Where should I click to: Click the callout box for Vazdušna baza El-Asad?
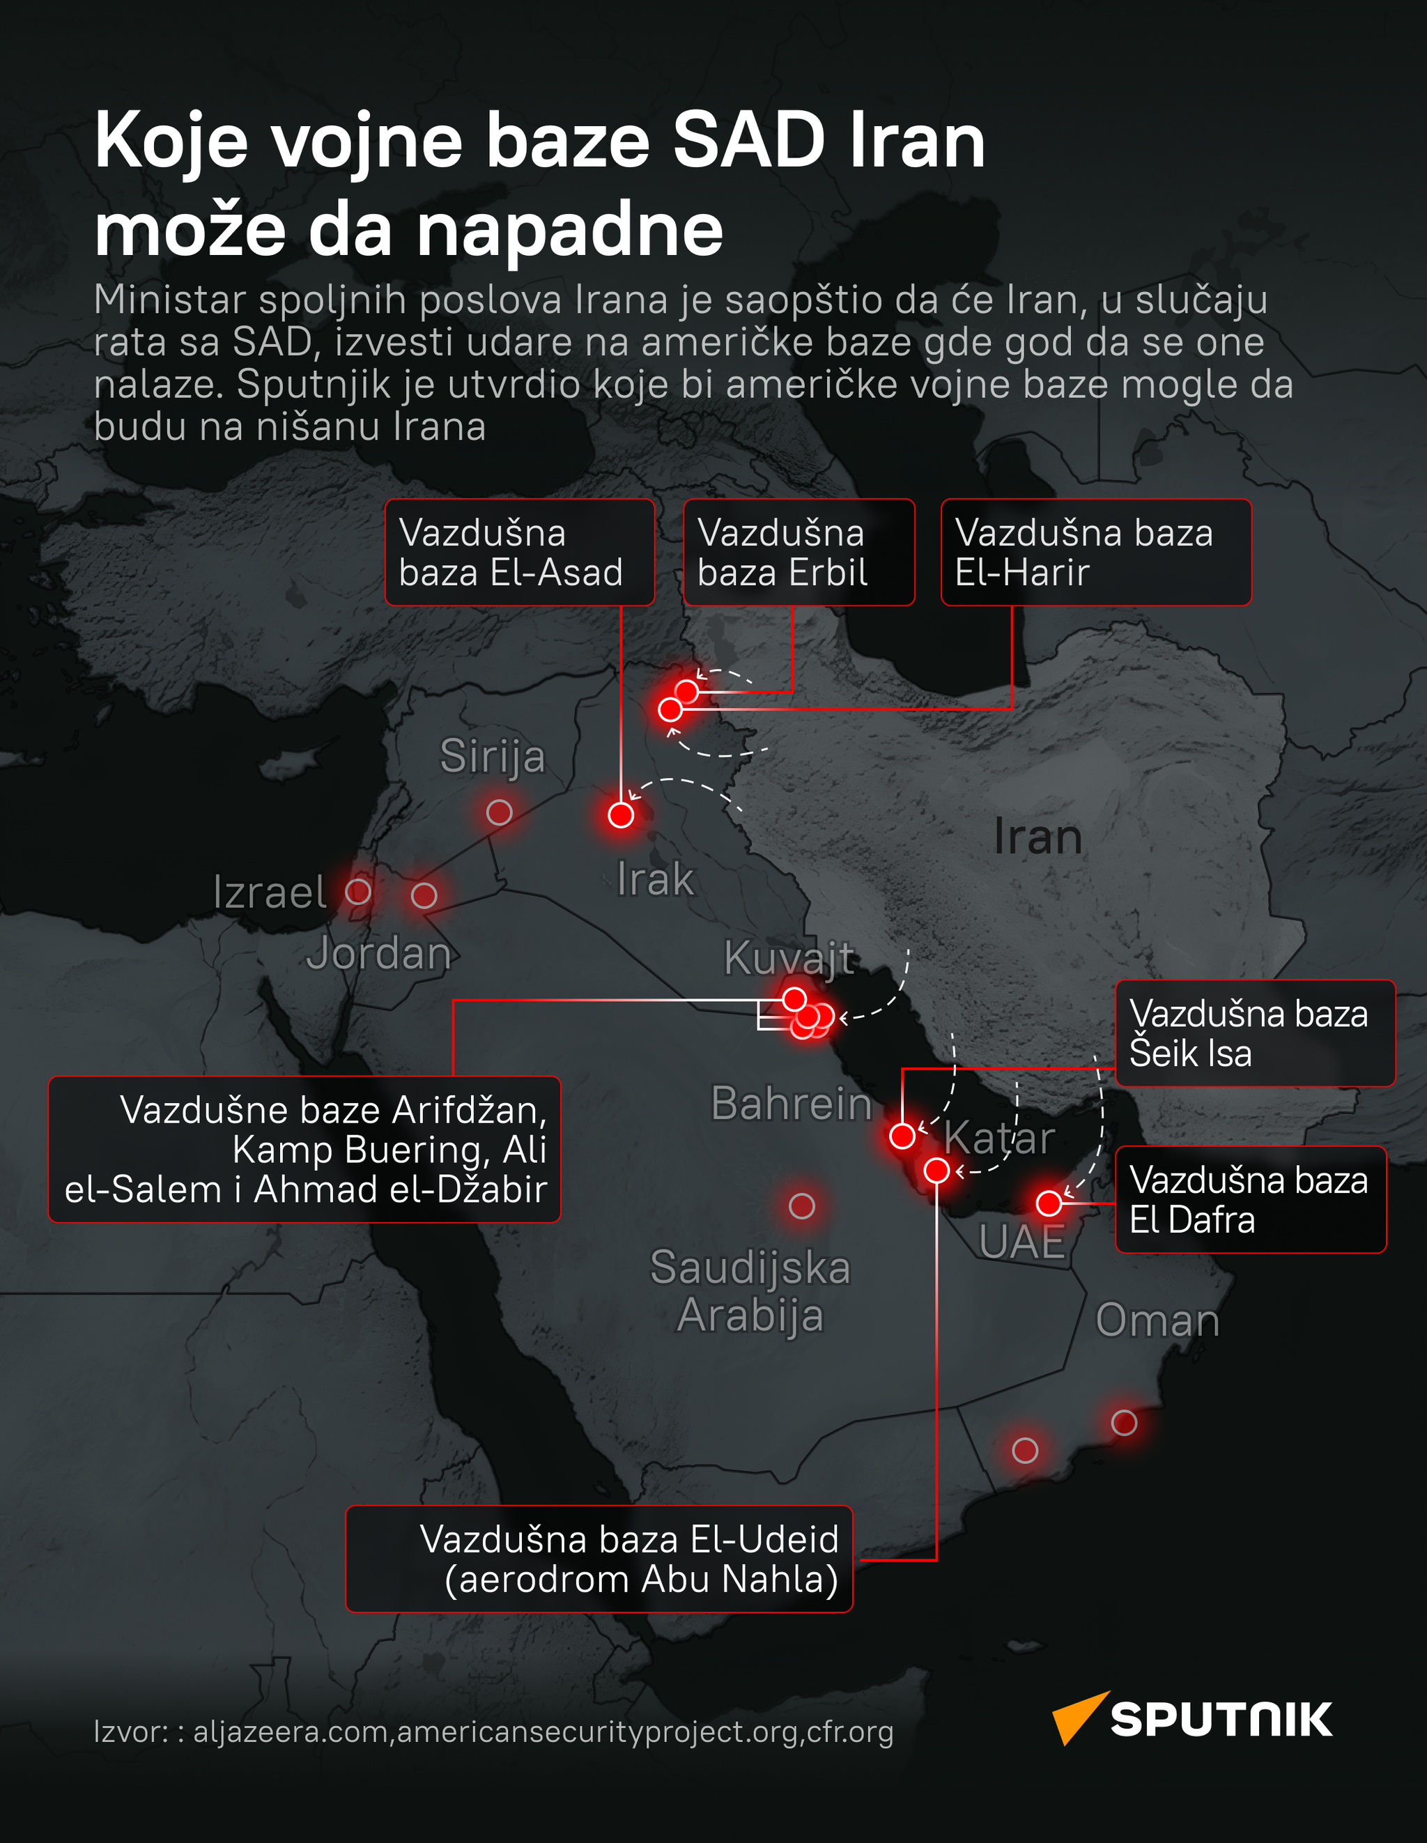click(x=519, y=552)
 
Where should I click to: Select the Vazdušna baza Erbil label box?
click(x=799, y=552)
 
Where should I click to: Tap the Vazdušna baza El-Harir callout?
click(x=1095, y=552)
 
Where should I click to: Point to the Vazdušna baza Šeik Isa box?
click(x=1255, y=1033)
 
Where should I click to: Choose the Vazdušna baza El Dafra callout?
click(x=1250, y=1199)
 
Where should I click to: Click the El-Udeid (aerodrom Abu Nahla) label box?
click(x=599, y=1559)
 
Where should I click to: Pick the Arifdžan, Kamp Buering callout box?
click(x=304, y=1148)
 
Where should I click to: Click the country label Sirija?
click(x=493, y=755)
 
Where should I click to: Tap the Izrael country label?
click(x=269, y=892)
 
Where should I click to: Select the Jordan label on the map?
click(x=379, y=954)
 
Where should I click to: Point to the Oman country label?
click(x=1157, y=1320)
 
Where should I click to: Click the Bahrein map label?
click(x=791, y=1103)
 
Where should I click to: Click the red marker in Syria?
click(x=500, y=812)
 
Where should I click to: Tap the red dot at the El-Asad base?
click(x=621, y=815)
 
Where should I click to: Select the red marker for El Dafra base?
click(x=1049, y=1203)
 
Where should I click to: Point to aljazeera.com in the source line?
click(x=291, y=1732)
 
